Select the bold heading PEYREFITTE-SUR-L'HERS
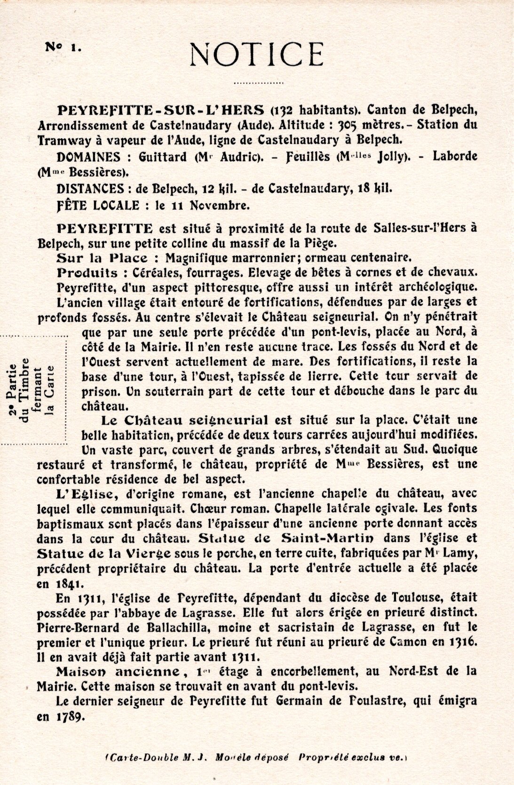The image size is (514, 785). pos(160,111)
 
